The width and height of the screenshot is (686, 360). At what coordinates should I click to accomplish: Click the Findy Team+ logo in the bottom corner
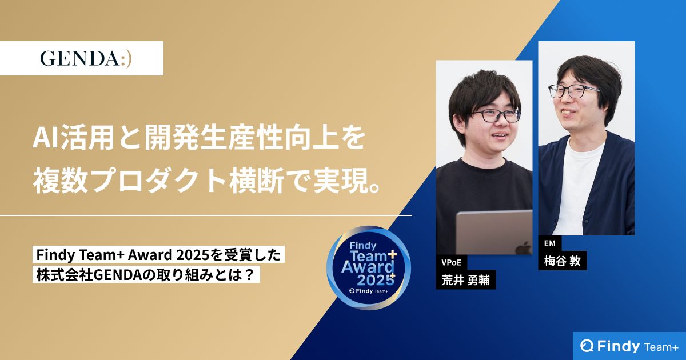629,346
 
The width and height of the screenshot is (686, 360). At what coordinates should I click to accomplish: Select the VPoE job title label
451,263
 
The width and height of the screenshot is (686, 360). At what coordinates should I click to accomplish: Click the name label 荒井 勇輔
466,280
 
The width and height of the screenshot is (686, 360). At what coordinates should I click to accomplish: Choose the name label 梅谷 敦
563,261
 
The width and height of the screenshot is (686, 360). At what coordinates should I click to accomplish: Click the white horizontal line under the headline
206,215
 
